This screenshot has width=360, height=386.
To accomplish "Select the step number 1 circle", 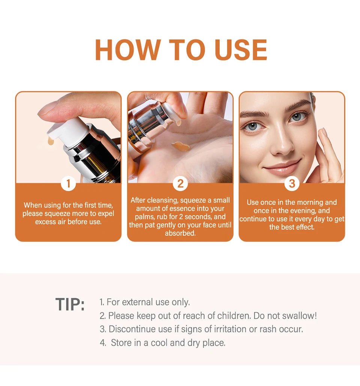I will click(68, 183).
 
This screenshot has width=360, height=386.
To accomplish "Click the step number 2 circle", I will click(180, 183).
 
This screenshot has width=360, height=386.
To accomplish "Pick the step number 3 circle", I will click(292, 183).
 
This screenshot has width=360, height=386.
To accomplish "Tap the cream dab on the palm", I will click(181, 146).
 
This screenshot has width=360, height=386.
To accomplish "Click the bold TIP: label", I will click(70, 304).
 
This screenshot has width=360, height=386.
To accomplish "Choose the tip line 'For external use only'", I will click(145, 302).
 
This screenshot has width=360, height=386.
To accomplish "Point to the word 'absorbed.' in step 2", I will click(180, 233).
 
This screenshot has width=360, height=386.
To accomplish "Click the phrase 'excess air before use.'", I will click(68, 222).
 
